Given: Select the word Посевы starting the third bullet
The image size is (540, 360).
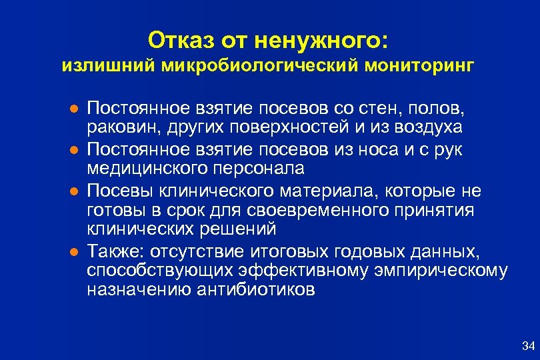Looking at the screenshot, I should (x=121, y=192).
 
